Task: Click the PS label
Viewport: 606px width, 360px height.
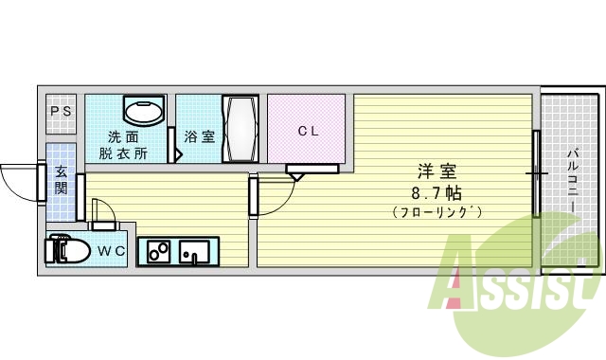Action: point(62,112)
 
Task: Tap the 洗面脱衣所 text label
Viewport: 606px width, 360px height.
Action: point(126,144)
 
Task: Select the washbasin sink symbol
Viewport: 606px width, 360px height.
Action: point(144,113)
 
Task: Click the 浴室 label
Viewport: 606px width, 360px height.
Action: point(199,136)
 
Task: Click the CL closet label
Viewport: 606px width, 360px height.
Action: point(309,132)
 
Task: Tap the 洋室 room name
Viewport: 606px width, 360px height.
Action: point(438,172)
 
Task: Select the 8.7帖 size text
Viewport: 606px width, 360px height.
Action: point(438,192)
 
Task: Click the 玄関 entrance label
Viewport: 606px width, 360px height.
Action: point(61,179)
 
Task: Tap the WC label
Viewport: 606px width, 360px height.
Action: point(112,251)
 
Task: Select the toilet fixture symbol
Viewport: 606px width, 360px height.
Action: point(66,251)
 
